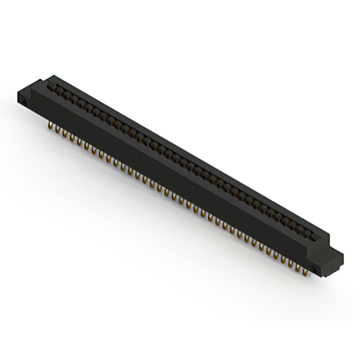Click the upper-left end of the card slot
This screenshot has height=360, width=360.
click(x=52, y=85)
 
